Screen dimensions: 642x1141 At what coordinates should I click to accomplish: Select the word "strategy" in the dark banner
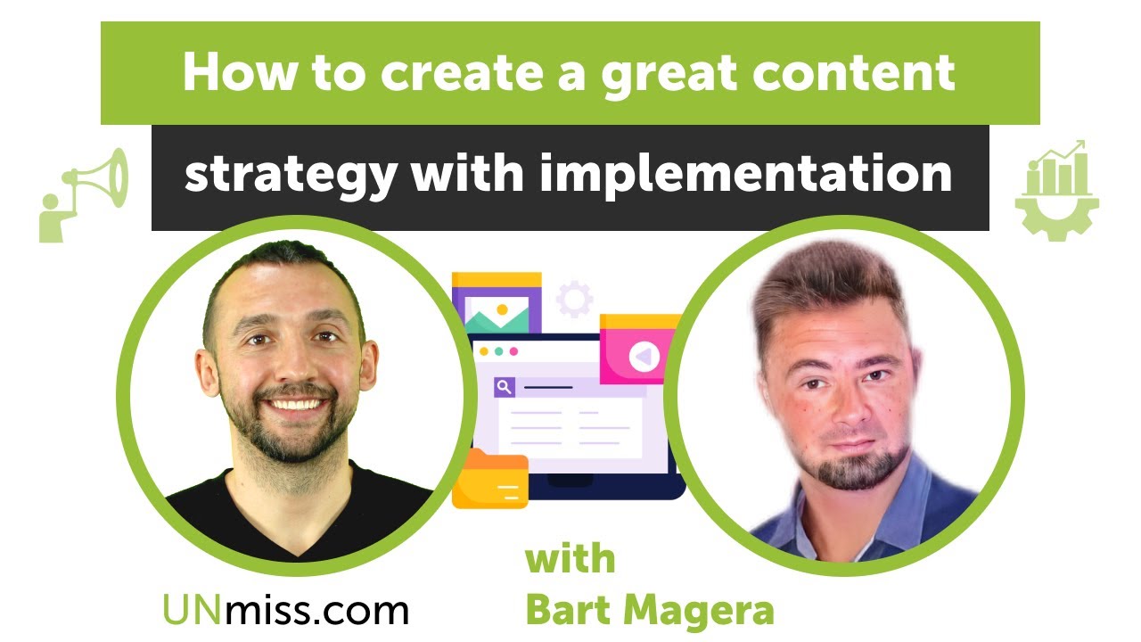click(289, 175)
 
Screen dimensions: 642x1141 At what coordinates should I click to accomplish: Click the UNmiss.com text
click(285, 611)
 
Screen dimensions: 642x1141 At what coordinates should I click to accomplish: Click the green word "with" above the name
click(570, 560)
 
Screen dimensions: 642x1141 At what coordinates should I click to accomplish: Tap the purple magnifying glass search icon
click(505, 387)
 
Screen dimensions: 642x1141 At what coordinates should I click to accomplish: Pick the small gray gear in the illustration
click(574, 299)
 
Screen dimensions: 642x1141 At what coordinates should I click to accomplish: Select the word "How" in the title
click(231, 74)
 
